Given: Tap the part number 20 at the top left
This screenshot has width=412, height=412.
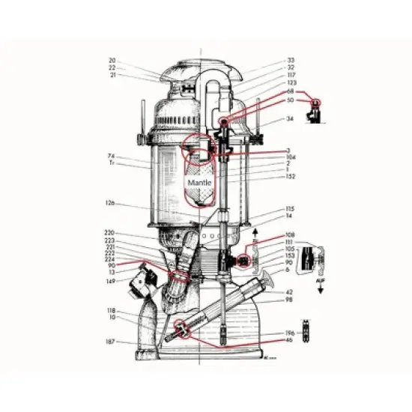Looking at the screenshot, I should (112, 61).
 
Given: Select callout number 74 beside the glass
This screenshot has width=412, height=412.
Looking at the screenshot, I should (111, 156).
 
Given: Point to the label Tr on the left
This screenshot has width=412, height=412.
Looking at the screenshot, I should (111, 163).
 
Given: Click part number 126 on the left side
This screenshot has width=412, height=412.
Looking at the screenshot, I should (109, 202).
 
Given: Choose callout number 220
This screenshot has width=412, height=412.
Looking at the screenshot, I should (109, 233).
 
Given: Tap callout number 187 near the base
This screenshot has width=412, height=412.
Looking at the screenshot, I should (110, 341).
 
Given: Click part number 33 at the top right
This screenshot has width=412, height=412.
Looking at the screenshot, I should (291, 60).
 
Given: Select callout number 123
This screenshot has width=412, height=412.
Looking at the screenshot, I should (291, 82).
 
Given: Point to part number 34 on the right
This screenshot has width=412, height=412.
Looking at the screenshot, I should (291, 119).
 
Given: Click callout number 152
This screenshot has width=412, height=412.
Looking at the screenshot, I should (291, 177).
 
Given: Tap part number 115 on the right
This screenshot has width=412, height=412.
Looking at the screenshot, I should (291, 209).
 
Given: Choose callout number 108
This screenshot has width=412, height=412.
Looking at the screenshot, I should (291, 234).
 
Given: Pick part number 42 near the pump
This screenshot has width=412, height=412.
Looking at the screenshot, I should (289, 291).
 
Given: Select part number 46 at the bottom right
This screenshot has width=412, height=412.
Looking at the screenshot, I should (289, 340).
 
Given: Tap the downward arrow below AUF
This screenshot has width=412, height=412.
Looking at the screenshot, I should (321, 289).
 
